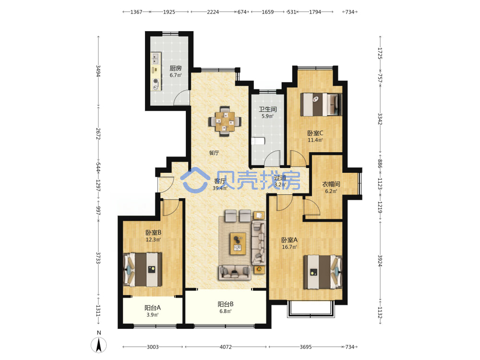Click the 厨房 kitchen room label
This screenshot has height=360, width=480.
[x=176, y=68]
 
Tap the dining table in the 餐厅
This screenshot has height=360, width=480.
[x=225, y=121]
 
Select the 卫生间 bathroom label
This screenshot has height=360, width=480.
[x=268, y=109]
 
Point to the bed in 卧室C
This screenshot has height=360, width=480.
[x=321, y=104]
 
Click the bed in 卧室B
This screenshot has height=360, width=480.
[x=143, y=269]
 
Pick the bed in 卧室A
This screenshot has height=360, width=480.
[x=323, y=272]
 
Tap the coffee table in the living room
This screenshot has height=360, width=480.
[x=238, y=244]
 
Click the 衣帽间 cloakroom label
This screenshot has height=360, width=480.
[x=331, y=184]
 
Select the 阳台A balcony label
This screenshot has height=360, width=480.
[x=153, y=308]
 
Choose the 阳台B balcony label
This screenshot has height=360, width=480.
[x=226, y=304]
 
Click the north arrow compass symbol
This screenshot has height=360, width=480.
[x=98, y=345]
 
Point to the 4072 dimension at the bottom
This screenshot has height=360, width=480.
[x=226, y=347]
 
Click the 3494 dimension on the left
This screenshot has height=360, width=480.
[x=98, y=71]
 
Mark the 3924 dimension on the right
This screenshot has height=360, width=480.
[x=380, y=261]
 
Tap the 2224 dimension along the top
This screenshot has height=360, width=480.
[x=213, y=12]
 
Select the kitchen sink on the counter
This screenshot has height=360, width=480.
[x=156, y=58]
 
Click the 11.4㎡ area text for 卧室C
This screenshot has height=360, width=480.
[x=315, y=140]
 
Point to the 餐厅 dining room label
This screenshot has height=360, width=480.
[x=214, y=153]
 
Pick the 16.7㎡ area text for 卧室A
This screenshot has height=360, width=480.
[x=289, y=247]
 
